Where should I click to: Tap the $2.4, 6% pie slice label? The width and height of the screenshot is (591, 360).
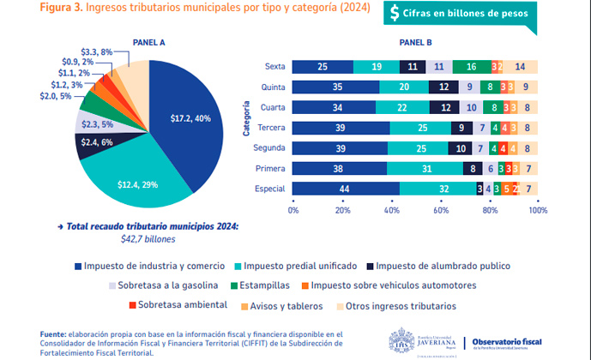pyautogui.click(x=96, y=142)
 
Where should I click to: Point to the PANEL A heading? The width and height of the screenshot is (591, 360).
pyautogui.click(x=150, y=41)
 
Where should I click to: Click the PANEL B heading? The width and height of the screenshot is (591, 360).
pyautogui.click(x=416, y=41)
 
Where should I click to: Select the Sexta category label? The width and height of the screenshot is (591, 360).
pyautogui.click(x=274, y=67)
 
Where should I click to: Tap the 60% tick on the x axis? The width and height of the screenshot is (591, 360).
pyautogui.click(x=440, y=209)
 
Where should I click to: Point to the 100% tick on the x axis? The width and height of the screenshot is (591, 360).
pyautogui.click(x=537, y=209)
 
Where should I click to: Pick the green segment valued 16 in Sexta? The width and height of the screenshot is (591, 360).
pyautogui.click(x=471, y=67)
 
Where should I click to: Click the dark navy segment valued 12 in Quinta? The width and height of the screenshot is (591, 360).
pyautogui.click(x=443, y=87)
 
